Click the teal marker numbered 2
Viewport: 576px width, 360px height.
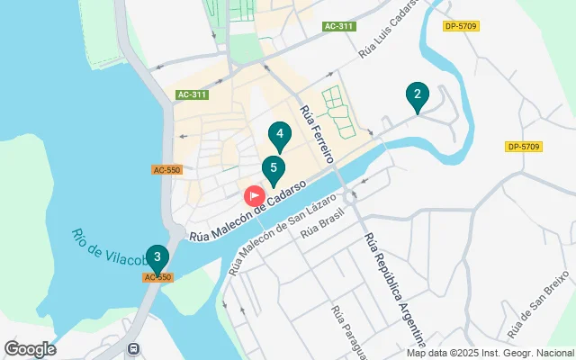416,94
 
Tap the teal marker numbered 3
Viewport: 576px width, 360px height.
157,258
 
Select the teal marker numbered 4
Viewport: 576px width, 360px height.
280,138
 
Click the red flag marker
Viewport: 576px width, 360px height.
255,195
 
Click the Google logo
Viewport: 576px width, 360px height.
29,349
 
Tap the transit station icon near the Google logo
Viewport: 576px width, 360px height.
133,348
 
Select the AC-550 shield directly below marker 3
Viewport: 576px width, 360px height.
157,277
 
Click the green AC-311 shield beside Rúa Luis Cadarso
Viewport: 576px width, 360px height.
339,26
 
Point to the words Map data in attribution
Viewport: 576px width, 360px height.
426,352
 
